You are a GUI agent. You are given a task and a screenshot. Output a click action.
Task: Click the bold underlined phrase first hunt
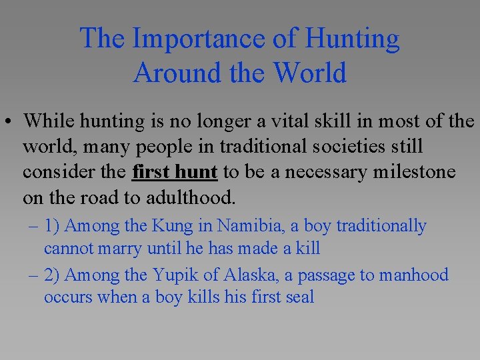click(175, 172)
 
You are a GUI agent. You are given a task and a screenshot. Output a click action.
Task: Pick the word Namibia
click(254, 227)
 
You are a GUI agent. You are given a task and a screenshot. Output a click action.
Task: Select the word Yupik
click(177, 275)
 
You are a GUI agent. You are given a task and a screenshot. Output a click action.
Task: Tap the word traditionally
click(381, 227)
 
